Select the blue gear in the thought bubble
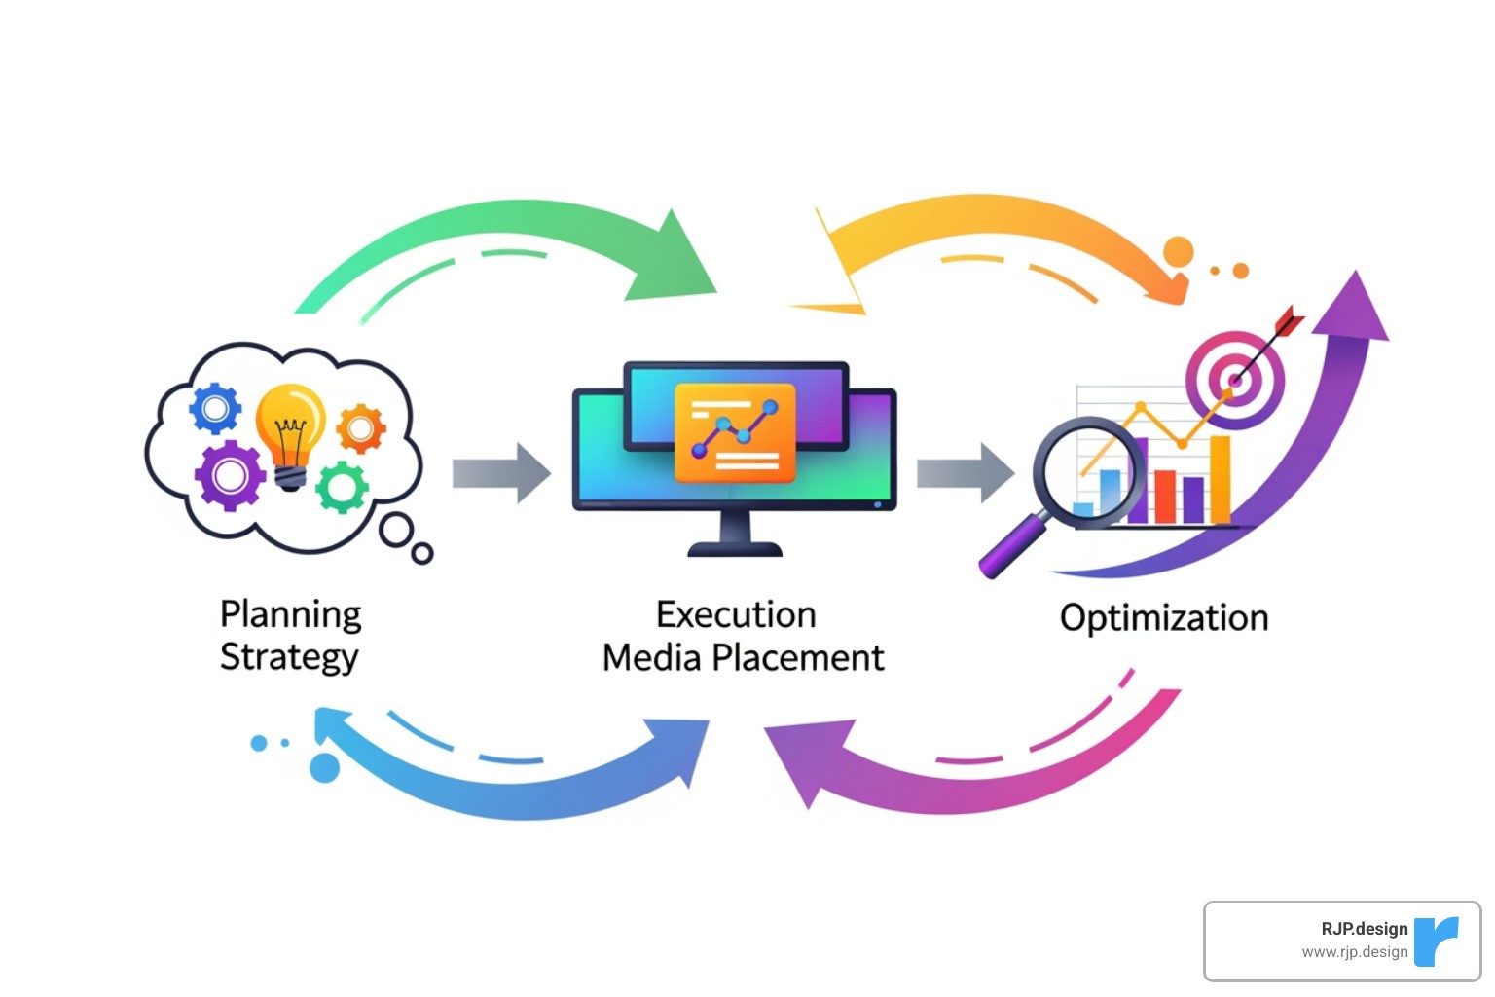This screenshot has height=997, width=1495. [215, 408]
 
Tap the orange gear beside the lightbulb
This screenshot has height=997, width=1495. [360, 428]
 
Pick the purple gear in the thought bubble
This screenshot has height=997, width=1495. [230, 475]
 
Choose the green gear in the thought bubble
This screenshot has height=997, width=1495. [342, 486]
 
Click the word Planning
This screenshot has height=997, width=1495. [290, 614]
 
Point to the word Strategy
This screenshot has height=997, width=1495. [289, 657]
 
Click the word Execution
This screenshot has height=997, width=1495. [736, 614]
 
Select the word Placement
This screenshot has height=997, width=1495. [798, 658]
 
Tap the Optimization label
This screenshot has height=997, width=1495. [1164, 618]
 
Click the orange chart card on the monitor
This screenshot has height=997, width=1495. [735, 432]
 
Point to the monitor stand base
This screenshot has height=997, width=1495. [735, 549]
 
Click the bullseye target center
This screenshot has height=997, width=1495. [1234, 380]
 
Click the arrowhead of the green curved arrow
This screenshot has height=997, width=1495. [681, 258]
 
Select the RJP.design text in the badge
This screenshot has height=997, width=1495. [1364, 929]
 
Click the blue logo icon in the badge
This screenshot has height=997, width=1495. [1437, 941]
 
